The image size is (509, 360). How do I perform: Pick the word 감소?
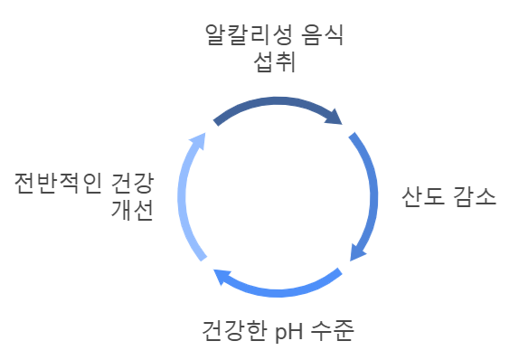tap(474, 199)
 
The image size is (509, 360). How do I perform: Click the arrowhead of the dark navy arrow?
tap(337, 117)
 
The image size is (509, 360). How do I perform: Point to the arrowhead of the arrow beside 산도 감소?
tap(357, 251)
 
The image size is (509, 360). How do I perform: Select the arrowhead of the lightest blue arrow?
tap(198, 139)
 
